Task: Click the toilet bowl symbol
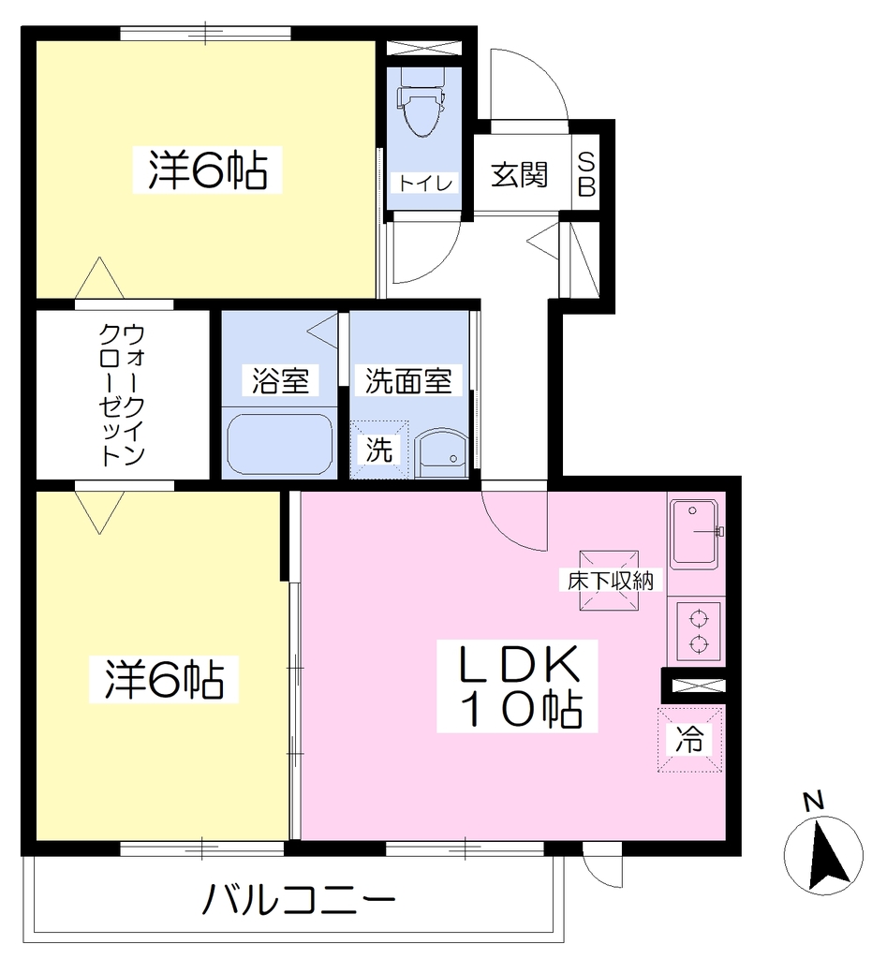click(421, 101)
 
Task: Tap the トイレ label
click(424, 183)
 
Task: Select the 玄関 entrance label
click(519, 175)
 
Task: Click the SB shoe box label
click(586, 175)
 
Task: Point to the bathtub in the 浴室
click(279, 444)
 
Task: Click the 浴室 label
click(280, 380)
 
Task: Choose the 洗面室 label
click(408, 380)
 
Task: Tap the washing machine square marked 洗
click(379, 450)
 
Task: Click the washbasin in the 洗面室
click(440, 452)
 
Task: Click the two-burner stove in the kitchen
click(698, 631)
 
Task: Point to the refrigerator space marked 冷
click(690, 740)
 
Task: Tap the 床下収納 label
click(610, 580)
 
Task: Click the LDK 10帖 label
click(518, 686)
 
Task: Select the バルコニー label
click(299, 899)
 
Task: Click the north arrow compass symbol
click(823, 854)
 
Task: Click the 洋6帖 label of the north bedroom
click(208, 170)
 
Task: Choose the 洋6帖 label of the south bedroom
click(164, 680)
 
